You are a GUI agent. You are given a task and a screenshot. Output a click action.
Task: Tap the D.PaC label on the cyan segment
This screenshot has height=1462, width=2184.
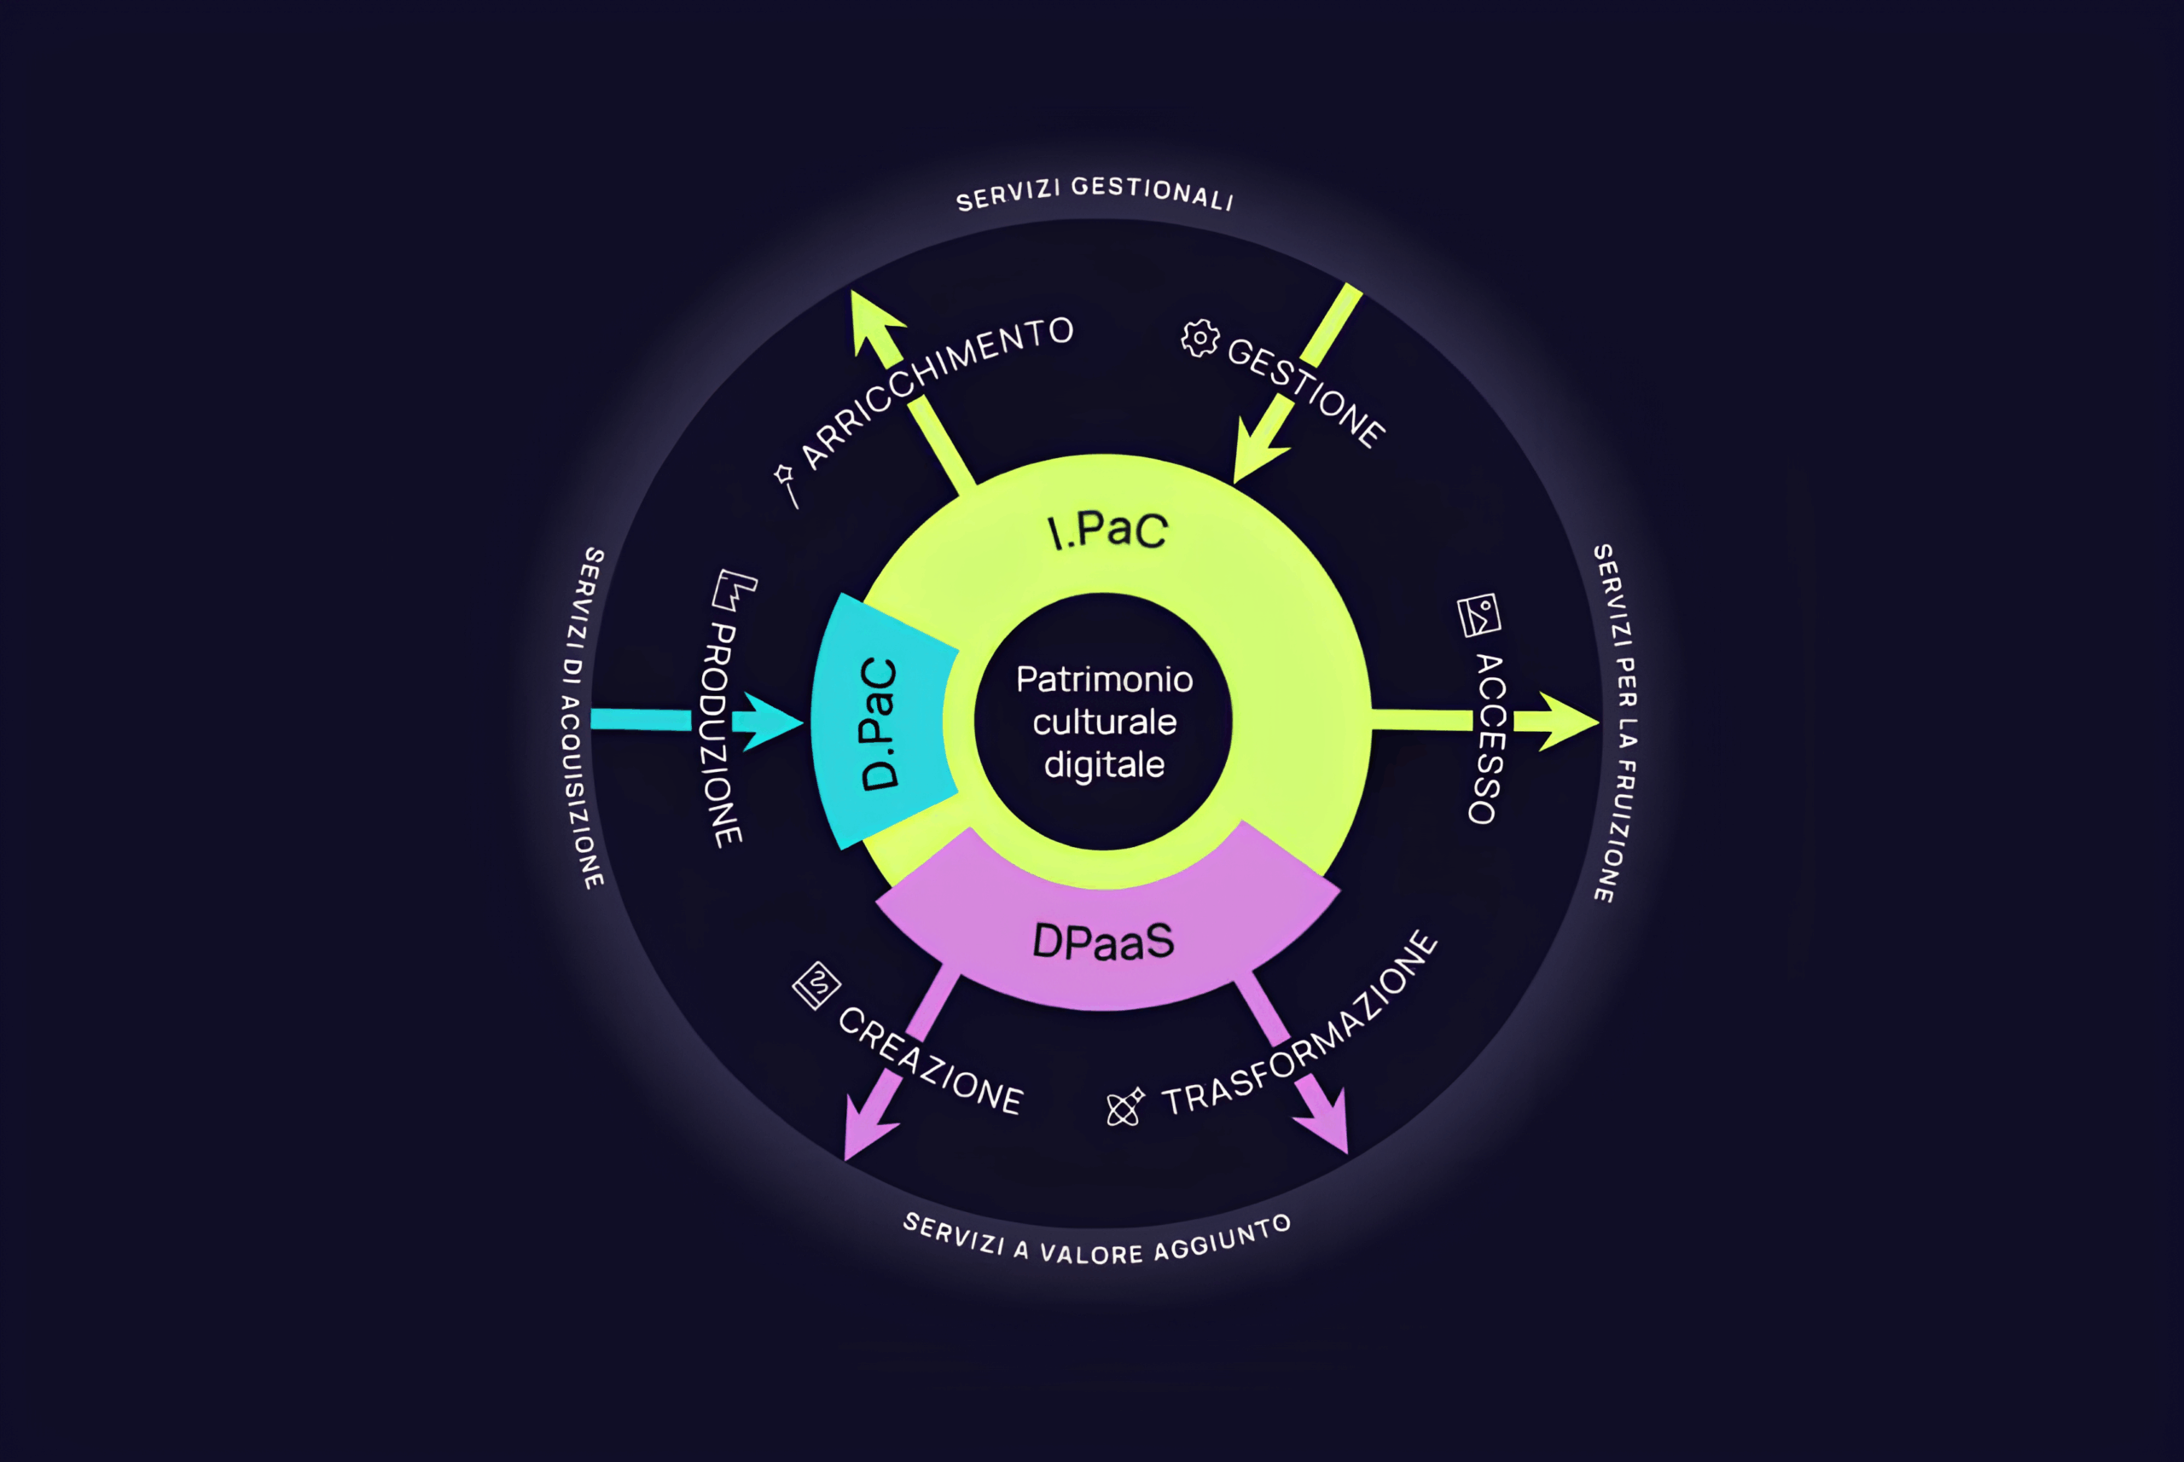click(879, 723)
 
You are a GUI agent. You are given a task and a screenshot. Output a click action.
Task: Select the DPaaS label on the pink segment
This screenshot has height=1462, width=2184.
click(1103, 941)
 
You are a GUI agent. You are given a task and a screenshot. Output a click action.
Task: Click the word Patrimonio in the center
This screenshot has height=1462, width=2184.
click(1104, 679)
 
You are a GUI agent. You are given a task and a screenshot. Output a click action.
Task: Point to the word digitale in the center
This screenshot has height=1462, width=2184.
click(1104, 764)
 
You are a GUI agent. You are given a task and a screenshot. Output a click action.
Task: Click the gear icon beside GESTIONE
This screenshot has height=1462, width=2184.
click(1200, 339)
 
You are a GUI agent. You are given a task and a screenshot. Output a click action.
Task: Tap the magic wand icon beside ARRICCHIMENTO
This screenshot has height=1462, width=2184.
click(786, 484)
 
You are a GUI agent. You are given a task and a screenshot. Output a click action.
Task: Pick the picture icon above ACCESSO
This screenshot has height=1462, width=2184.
click(1479, 614)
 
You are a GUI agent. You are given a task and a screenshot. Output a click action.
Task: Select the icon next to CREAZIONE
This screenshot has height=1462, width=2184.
click(816, 985)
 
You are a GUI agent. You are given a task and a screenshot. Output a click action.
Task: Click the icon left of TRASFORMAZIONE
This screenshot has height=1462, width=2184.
click(1124, 1107)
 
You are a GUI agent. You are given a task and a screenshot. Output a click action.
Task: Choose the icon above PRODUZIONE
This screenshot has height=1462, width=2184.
click(734, 589)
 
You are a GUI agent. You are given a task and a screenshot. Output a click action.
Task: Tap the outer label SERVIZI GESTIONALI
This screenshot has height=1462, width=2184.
click(1095, 192)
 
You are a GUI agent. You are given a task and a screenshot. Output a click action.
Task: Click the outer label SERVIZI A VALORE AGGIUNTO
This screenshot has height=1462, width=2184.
click(1096, 1241)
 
